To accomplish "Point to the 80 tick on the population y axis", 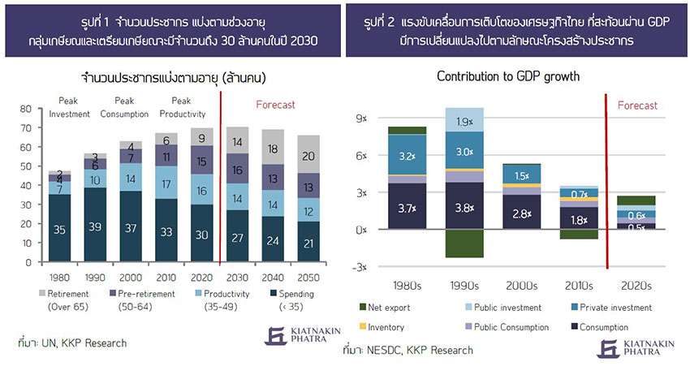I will point(24,108).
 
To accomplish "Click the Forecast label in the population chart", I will point(276,104).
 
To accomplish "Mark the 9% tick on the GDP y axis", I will point(360,118).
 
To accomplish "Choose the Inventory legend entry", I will point(388,327).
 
